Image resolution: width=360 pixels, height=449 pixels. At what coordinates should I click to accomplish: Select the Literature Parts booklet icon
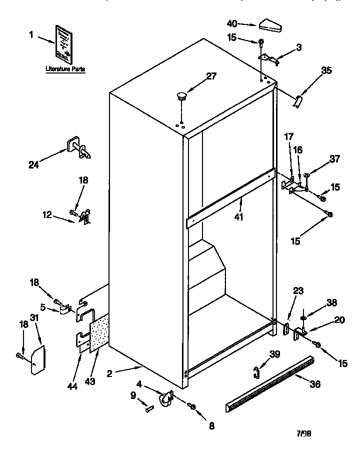click(x=63, y=42)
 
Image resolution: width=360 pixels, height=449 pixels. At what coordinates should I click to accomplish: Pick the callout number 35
click(x=326, y=70)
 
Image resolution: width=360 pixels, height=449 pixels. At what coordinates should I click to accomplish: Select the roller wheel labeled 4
click(x=164, y=398)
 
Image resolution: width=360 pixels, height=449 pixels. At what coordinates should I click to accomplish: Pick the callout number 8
click(x=211, y=426)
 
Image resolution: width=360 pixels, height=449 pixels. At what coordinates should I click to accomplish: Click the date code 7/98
click(x=306, y=434)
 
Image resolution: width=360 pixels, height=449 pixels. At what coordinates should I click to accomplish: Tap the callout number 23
click(x=298, y=290)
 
